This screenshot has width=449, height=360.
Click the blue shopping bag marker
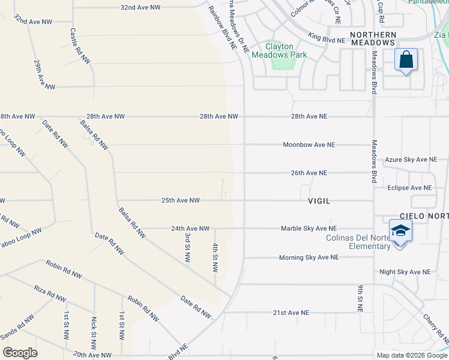[x=406, y=60]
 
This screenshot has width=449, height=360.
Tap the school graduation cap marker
[x=400, y=232]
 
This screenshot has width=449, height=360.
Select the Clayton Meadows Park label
[x=279, y=50]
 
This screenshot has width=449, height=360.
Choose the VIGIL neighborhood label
[x=319, y=201]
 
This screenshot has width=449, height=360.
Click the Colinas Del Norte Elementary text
[x=358, y=242]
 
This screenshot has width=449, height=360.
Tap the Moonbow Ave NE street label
[x=309, y=145]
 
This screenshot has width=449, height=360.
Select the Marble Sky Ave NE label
[x=309, y=229]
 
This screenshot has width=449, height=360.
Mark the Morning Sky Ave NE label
[x=309, y=257]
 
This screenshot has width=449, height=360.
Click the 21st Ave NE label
[x=291, y=313]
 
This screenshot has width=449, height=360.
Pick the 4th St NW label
[x=214, y=256]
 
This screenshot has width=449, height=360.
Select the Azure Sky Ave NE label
[x=411, y=160]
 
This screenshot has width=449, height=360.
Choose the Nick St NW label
[x=94, y=334]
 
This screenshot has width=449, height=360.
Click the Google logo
[x=20, y=353]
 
